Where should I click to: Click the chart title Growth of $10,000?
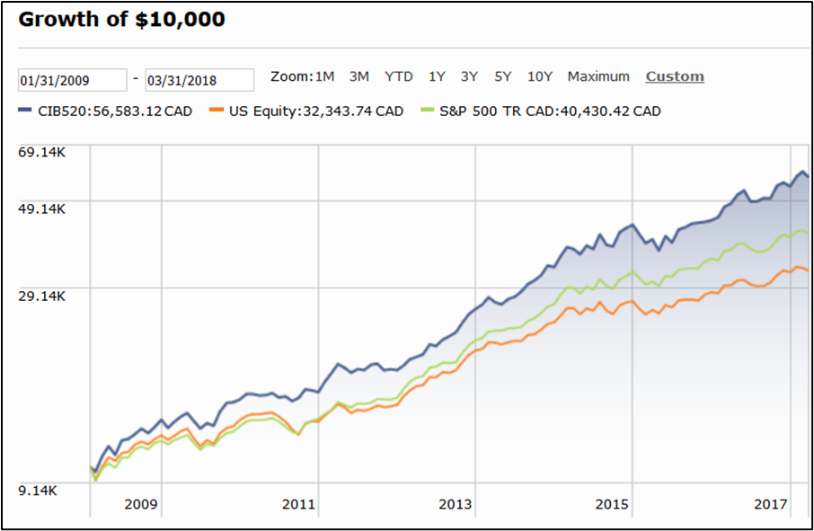121,19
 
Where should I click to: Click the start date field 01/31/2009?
73,80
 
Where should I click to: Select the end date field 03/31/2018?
199,80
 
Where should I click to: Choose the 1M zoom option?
323,76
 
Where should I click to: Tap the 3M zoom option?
358,76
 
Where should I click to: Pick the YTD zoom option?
398,76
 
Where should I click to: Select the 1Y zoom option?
437,76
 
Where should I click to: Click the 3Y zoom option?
469,76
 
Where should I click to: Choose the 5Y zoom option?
502,76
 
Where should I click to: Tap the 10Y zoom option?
540,76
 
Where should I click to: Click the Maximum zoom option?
598,76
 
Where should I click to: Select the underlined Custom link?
675,76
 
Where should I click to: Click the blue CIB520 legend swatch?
24,111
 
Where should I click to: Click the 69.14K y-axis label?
43,152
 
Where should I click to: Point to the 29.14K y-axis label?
43,296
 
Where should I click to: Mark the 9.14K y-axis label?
38,491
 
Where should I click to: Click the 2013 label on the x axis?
456,504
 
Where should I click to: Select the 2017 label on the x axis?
769,504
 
